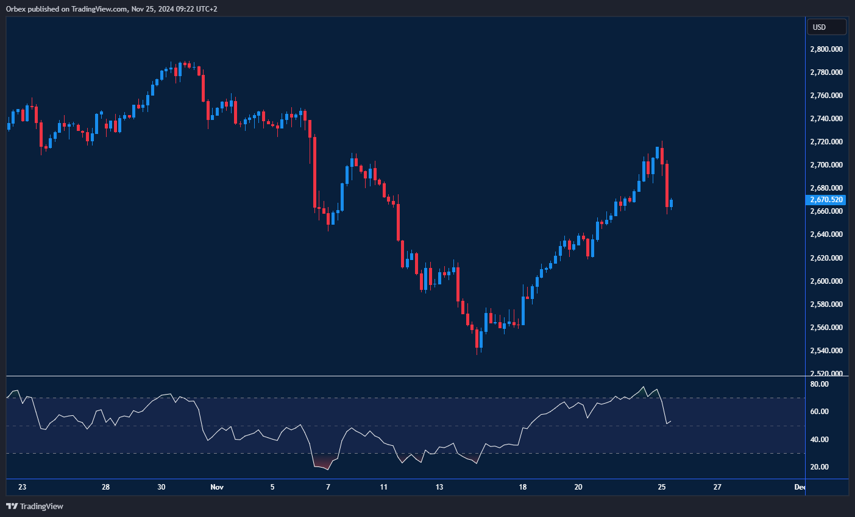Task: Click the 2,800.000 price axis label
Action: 826,49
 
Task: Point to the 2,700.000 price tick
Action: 826,165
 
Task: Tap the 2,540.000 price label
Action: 826,351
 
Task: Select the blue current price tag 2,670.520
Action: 826,200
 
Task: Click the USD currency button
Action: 826,27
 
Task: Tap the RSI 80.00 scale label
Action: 820,384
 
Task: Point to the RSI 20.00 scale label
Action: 820,467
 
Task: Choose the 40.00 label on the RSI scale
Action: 820,440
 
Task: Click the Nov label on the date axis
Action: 216,487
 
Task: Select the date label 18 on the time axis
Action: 523,487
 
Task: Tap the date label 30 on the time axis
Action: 161,487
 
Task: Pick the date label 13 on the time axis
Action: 439,487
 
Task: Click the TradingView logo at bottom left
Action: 35,507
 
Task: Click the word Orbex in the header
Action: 16,9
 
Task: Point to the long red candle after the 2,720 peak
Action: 667,186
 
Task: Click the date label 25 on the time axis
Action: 662,487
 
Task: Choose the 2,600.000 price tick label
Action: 826,281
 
